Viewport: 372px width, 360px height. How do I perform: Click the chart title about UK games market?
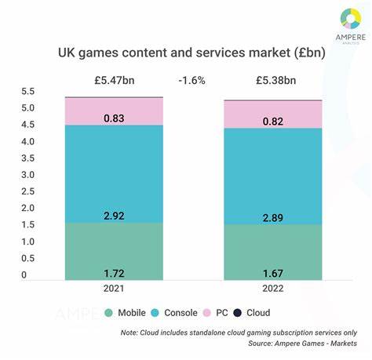coord(186,54)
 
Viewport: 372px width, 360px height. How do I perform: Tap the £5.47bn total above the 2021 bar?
coord(115,79)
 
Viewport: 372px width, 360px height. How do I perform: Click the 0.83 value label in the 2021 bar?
coord(115,118)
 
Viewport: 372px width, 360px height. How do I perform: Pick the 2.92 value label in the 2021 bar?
coord(115,214)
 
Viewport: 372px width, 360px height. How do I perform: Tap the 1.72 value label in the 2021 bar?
coord(115,272)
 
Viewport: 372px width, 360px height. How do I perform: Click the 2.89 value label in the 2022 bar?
coord(272,216)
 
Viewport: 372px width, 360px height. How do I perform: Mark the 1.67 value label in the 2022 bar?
coord(272,272)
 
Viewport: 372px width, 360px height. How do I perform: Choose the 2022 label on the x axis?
coord(272,289)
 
